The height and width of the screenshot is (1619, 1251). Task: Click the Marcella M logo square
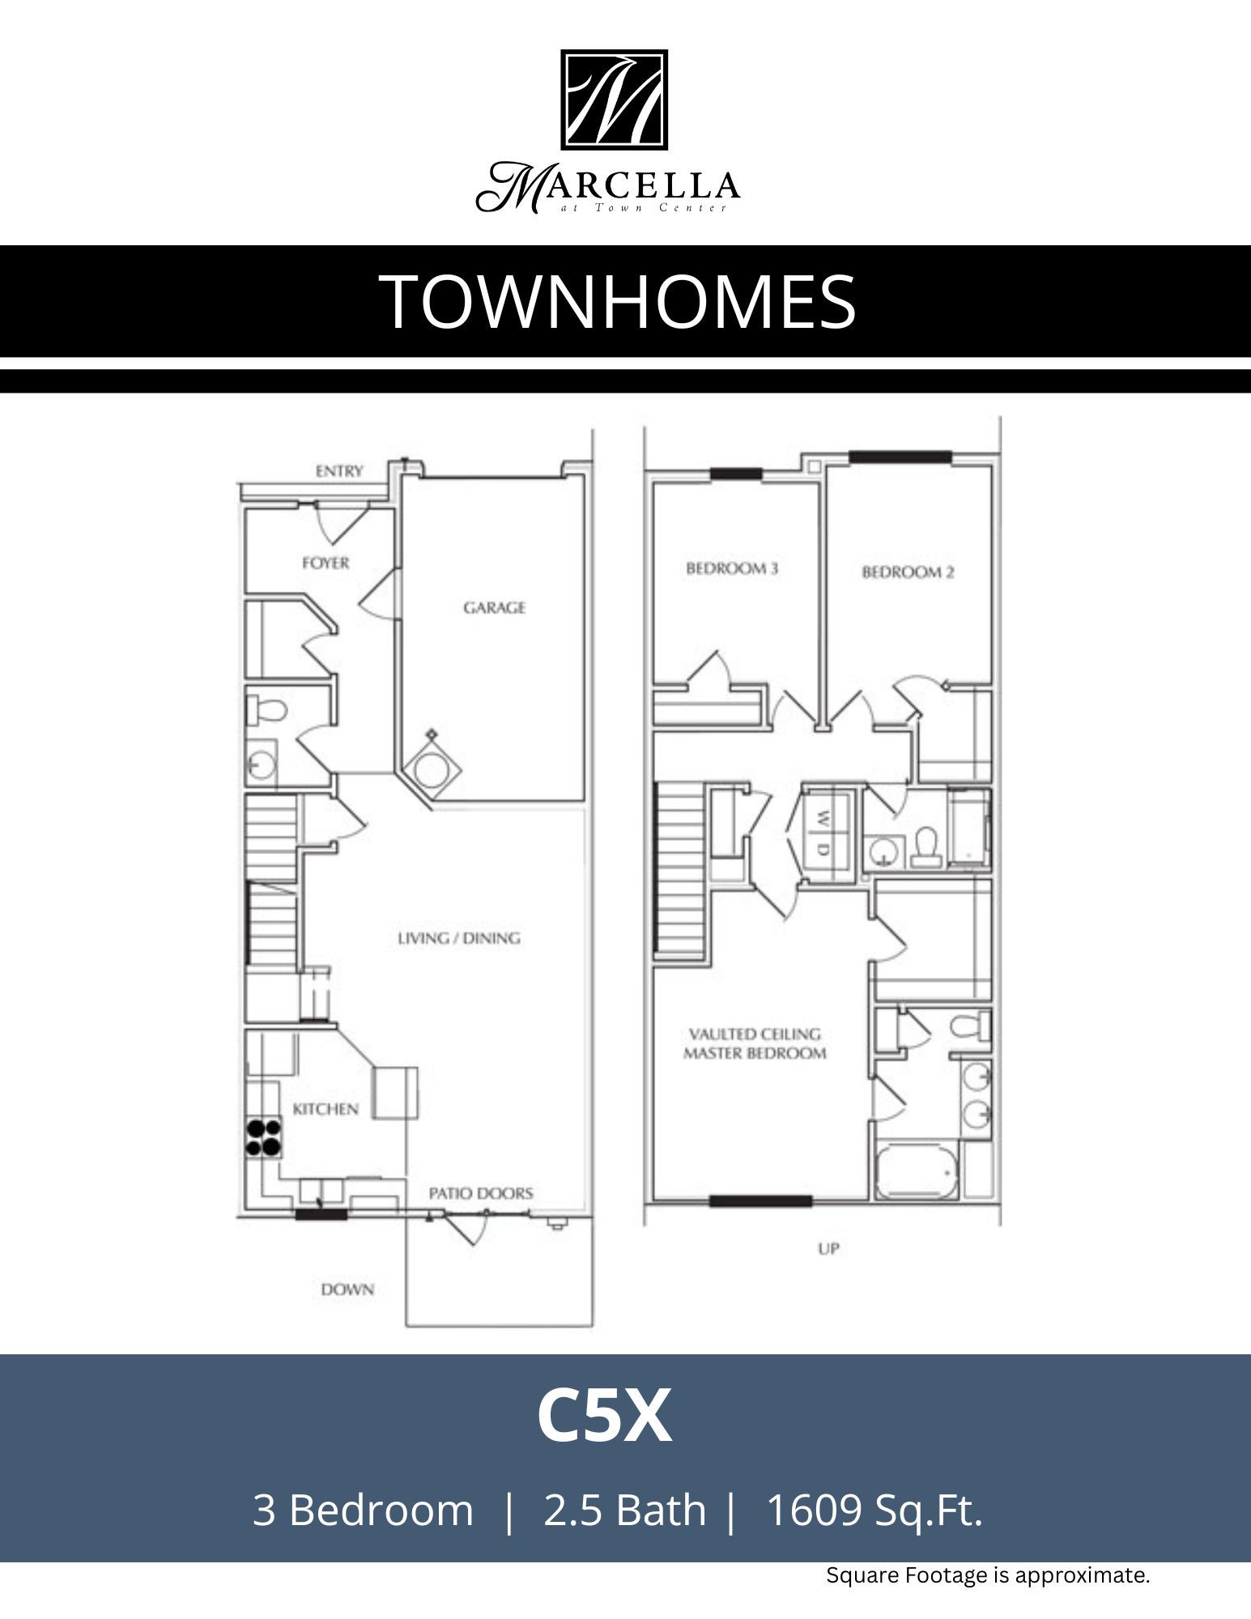pyautogui.click(x=614, y=100)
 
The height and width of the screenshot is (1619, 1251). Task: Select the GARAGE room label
pyautogui.click(x=494, y=607)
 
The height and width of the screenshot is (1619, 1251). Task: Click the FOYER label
pyautogui.click(x=326, y=563)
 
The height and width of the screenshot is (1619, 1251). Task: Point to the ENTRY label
pyautogui.click(x=339, y=471)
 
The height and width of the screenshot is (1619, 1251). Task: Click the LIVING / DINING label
pyautogui.click(x=459, y=938)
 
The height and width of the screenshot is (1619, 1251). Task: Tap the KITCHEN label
pyautogui.click(x=326, y=1109)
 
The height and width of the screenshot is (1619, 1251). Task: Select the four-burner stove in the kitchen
pyautogui.click(x=264, y=1137)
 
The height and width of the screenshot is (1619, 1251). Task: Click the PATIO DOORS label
pyautogui.click(x=481, y=1193)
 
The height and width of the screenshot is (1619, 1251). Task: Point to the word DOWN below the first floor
pyautogui.click(x=347, y=1290)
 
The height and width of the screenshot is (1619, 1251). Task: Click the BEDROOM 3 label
pyautogui.click(x=732, y=568)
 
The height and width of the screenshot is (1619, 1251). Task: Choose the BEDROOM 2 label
pyautogui.click(x=908, y=572)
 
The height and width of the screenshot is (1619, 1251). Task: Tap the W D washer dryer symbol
pyautogui.click(x=823, y=833)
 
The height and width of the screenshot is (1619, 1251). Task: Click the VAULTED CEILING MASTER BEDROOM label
pyautogui.click(x=755, y=1043)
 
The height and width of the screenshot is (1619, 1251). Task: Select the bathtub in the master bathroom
pyautogui.click(x=916, y=1171)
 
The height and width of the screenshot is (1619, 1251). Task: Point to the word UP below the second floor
pyautogui.click(x=828, y=1249)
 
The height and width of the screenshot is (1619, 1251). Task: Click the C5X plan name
pyautogui.click(x=604, y=1416)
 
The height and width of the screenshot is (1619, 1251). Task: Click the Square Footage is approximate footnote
pyautogui.click(x=988, y=1575)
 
